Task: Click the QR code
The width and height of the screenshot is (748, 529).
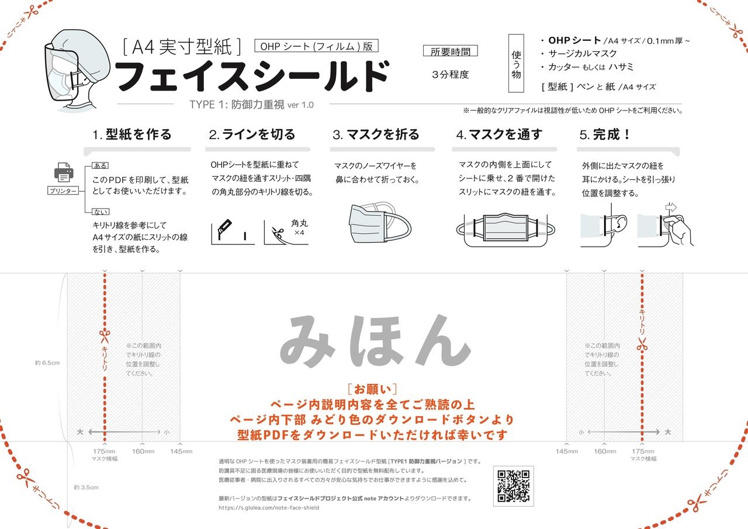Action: (x=514, y=486)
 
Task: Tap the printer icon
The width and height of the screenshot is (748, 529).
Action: (x=64, y=172)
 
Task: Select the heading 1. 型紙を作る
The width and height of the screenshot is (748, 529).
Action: (x=132, y=134)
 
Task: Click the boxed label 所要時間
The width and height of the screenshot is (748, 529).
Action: (x=450, y=51)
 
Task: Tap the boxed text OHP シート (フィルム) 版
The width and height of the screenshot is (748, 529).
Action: (x=317, y=46)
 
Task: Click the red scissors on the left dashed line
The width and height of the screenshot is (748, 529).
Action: (x=105, y=336)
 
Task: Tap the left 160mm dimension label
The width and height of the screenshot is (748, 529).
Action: (x=143, y=451)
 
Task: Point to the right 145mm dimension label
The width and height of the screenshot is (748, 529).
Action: (x=566, y=451)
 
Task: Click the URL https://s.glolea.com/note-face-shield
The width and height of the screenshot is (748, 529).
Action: (x=269, y=508)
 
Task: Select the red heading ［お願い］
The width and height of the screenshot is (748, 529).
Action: (x=372, y=389)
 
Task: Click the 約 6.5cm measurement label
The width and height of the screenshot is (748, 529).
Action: (x=47, y=363)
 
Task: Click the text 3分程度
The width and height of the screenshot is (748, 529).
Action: (x=451, y=75)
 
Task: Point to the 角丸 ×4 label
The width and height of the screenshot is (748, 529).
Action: (x=299, y=227)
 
